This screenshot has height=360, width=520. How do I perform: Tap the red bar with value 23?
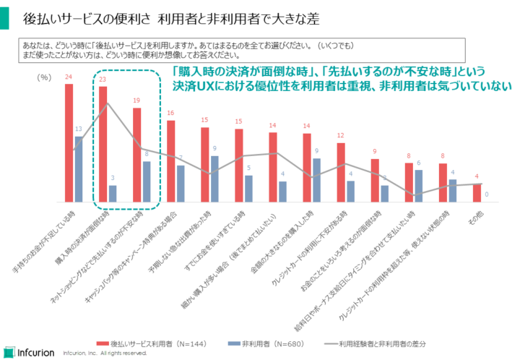coord(103,144)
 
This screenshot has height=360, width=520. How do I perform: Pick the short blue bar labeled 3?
coord(113,193)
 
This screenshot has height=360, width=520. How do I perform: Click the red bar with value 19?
coord(136,155)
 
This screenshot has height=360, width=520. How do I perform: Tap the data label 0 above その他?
coord(487,194)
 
